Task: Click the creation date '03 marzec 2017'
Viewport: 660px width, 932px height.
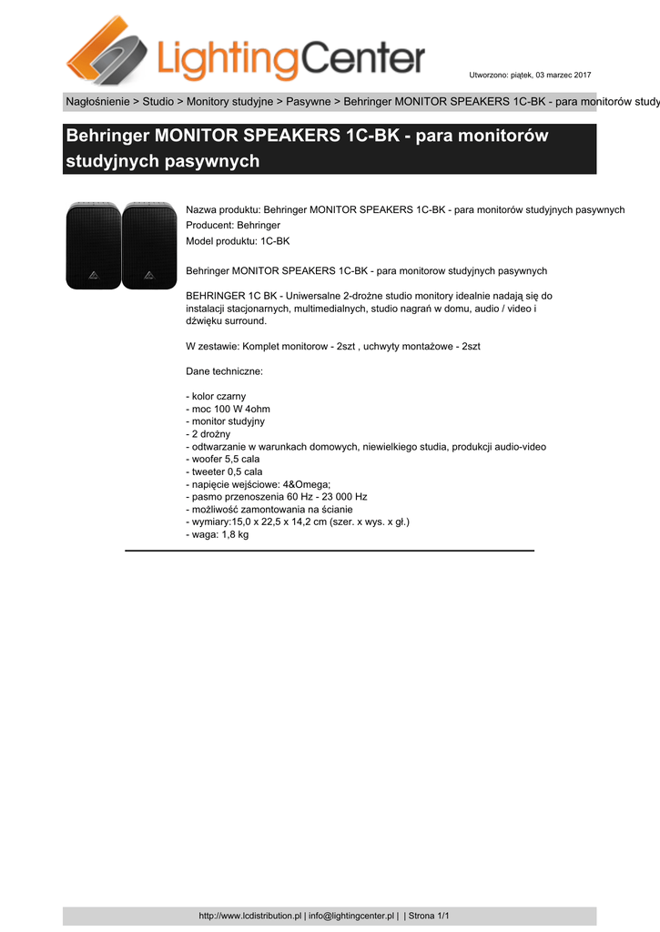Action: tap(563, 74)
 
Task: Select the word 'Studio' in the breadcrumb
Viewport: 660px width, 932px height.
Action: tap(157, 101)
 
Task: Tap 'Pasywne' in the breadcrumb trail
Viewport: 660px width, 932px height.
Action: tap(309, 101)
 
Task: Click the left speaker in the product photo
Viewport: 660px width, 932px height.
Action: tap(93, 246)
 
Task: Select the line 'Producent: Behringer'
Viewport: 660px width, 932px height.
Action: tap(232, 225)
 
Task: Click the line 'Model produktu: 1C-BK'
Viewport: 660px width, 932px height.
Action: tap(238, 240)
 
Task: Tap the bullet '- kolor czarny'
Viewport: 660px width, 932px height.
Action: tap(216, 397)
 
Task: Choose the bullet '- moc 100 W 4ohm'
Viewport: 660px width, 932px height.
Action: tap(228, 410)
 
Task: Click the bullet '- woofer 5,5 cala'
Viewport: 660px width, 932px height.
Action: tap(223, 460)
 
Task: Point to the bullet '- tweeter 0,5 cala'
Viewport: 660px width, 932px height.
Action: tap(224, 472)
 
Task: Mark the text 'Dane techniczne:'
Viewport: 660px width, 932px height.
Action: tap(224, 371)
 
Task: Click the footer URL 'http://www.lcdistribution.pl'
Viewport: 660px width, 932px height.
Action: tap(249, 916)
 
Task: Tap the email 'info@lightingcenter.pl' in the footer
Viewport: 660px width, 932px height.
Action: tap(350, 916)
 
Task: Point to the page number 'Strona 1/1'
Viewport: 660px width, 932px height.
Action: tap(429, 916)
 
